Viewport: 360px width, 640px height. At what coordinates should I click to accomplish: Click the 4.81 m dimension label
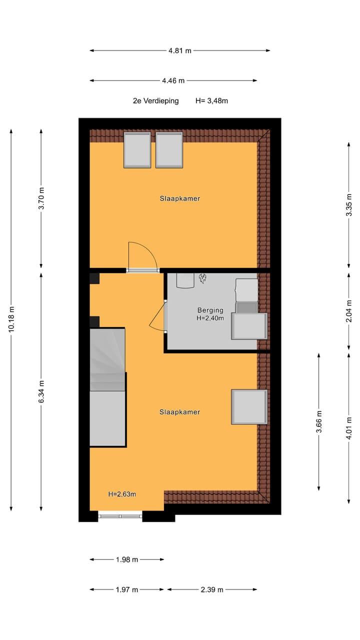[x=180, y=50]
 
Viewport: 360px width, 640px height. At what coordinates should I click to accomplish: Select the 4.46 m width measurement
[x=173, y=80]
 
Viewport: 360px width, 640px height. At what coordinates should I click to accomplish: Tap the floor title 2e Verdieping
[x=155, y=100]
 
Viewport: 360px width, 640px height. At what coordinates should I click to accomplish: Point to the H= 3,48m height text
[x=211, y=100]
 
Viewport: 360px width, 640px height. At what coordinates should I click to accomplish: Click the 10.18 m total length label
[x=11, y=320]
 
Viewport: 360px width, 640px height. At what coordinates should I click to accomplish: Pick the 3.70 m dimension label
[x=41, y=198]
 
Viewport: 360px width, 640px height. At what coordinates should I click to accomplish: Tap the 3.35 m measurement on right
[x=349, y=204]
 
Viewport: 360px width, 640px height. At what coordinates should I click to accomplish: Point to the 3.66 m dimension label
[x=319, y=421]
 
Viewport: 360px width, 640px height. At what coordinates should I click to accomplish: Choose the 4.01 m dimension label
[x=349, y=428]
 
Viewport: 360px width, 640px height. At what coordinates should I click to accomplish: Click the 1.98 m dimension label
[x=127, y=559]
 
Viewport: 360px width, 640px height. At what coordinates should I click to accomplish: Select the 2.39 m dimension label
[x=212, y=589]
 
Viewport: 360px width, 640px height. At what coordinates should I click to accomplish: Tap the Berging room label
[x=210, y=310]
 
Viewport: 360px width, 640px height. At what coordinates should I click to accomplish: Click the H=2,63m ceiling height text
[x=122, y=494]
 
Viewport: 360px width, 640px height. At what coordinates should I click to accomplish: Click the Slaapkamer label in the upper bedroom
[x=180, y=198]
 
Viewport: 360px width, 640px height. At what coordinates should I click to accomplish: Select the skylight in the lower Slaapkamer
[x=249, y=407]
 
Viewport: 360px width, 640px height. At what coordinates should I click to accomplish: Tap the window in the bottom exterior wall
[x=120, y=515]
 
